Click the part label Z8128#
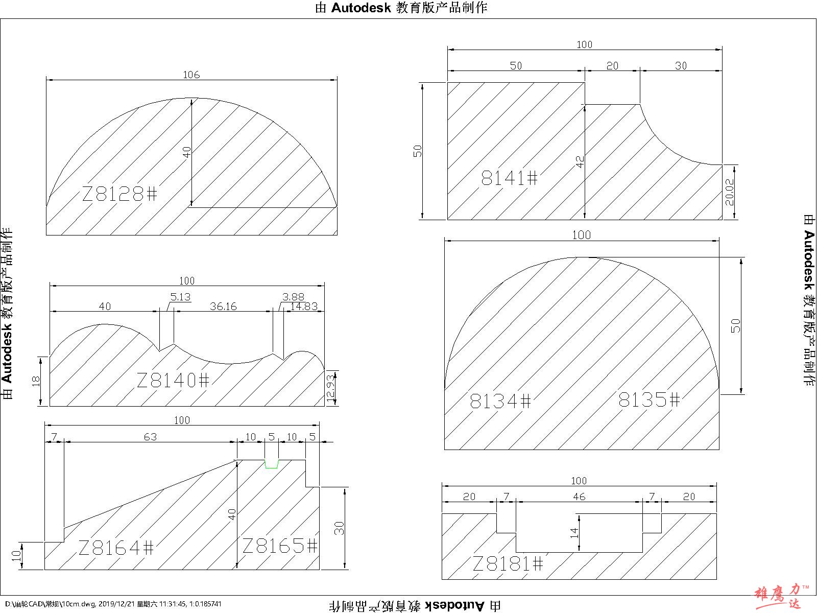[x=119, y=194]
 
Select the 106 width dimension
[x=191, y=75]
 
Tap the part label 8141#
[x=510, y=178]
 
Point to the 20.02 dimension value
[x=730, y=192]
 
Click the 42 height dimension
[x=580, y=161]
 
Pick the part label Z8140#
[x=173, y=380]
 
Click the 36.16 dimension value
[x=223, y=306]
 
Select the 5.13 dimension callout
[x=181, y=297]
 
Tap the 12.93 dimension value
[x=330, y=387]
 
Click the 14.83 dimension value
[x=304, y=306]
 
